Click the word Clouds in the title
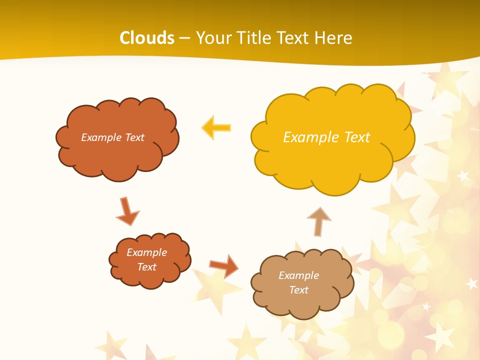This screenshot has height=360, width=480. [147, 38]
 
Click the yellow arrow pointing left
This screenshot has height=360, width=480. [216, 127]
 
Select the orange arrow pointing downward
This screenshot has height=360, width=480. [127, 211]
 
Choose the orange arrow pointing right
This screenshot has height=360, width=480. [224, 265]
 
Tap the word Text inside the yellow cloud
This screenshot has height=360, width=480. [358, 137]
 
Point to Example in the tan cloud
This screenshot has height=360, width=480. [298, 275]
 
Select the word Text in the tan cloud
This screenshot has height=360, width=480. [298, 290]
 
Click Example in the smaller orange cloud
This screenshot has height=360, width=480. [146, 252]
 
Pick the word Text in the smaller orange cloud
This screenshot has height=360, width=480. [146, 267]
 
